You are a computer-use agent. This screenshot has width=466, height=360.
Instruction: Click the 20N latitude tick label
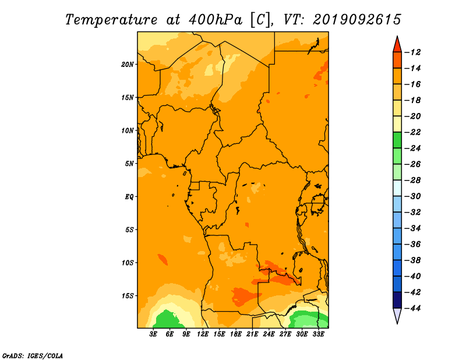[128, 65]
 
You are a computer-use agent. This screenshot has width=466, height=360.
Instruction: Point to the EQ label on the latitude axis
[129, 197]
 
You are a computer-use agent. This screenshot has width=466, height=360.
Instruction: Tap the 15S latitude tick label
[128, 296]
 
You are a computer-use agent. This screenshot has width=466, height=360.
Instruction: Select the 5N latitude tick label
[129, 164]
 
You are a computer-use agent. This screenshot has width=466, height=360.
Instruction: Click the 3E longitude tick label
[153, 334]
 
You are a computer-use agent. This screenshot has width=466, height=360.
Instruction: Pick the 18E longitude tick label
[236, 334]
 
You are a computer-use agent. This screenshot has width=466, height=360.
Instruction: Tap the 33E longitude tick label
[318, 334]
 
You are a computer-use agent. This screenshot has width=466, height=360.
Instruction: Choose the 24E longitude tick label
[269, 334]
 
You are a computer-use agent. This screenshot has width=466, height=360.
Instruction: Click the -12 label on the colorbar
[413, 52]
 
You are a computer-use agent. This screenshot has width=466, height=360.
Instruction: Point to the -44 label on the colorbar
[413, 308]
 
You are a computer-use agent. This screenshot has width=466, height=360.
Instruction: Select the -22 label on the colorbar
[413, 132]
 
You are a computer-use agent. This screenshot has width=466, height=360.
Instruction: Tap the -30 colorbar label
[413, 196]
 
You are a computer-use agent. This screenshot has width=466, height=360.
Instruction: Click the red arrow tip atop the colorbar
[397, 37]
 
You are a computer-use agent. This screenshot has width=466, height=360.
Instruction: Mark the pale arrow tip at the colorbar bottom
[397, 323]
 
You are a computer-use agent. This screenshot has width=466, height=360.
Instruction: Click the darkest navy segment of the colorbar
[397, 300]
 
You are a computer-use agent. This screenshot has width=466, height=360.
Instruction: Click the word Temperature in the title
[111, 20]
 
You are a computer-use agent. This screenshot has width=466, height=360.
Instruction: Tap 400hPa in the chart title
[216, 20]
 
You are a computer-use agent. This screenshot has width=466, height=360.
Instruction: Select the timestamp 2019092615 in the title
[357, 20]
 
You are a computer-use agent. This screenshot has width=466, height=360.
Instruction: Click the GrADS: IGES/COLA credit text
[33, 356]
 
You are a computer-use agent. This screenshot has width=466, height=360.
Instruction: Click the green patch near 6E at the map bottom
[167, 320]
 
